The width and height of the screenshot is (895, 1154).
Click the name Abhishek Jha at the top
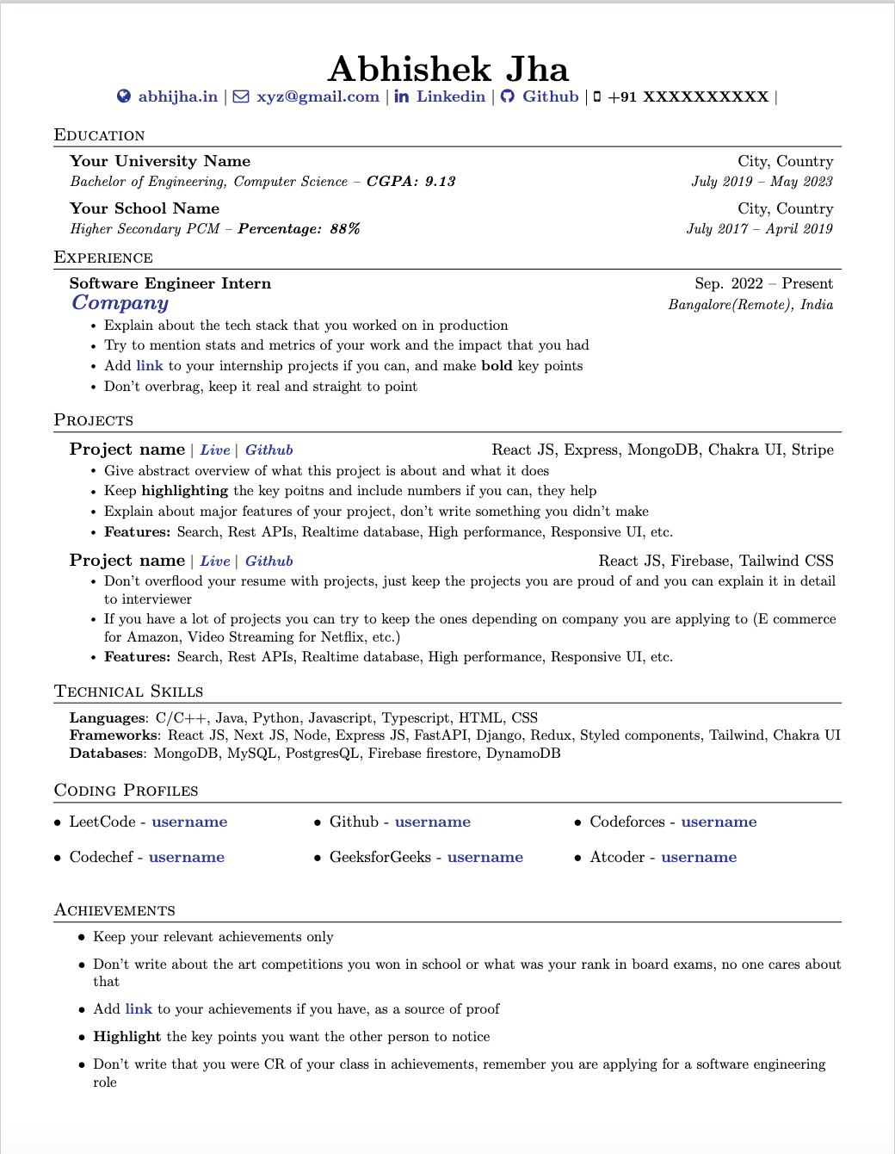pyautogui.click(x=447, y=69)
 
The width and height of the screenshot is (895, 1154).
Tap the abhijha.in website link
pyautogui.click(x=177, y=96)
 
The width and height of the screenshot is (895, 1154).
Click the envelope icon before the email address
pyautogui.click(x=241, y=96)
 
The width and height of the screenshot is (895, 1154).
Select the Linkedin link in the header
pyautogui.click(x=450, y=96)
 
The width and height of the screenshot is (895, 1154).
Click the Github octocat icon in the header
pyautogui.click(x=508, y=96)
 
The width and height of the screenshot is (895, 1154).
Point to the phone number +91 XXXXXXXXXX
pyautogui.click(x=688, y=96)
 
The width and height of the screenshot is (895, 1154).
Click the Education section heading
pyautogui.click(x=99, y=135)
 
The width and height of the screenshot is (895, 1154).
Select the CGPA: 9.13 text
pyautogui.click(x=410, y=182)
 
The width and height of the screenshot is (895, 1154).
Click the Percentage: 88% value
pyautogui.click(x=299, y=229)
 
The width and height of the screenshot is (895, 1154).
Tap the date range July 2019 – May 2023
pyautogui.click(x=762, y=182)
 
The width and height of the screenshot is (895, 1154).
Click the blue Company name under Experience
pyautogui.click(x=120, y=303)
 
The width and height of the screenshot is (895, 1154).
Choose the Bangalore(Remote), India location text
pyautogui.click(x=750, y=305)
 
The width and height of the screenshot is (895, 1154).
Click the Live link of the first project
pyautogui.click(x=215, y=450)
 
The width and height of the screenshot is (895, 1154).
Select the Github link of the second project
pyautogui.click(x=268, y=561)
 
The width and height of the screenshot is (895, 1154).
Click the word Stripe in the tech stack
pyautogui.click(x=812, y=450)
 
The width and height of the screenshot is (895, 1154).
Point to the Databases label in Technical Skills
pyautogui.click(x=107, y=754)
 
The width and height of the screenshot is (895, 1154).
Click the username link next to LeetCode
pyautogui.click(x=189, y=822)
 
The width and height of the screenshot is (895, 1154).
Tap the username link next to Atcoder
pyautogui.click(x=699, y=858)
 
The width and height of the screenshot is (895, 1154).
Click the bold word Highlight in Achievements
pyautogui.click(x=127, y=1037)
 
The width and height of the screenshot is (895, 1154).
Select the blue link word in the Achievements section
pyautogui.click(x=139, y=1009)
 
